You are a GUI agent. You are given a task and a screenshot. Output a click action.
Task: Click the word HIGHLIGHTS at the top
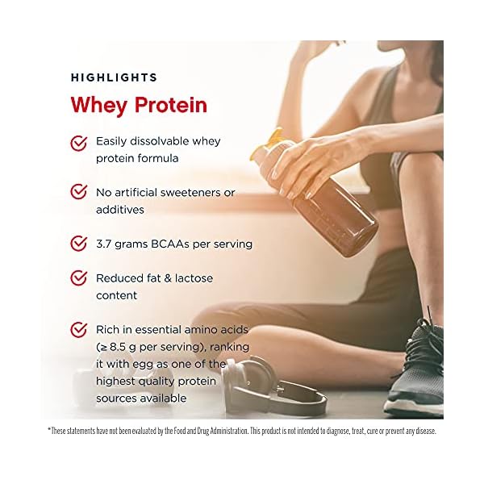click(114, 77)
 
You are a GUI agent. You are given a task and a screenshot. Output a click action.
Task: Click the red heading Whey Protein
click(139, 105)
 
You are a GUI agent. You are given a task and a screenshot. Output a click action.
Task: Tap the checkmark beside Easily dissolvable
click(79, 143)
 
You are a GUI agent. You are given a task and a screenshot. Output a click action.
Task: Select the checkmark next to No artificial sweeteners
click(79, 193)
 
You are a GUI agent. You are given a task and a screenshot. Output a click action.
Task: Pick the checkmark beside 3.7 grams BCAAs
click(79, 243)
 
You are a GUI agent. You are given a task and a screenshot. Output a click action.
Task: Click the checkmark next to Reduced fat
click(79, 278)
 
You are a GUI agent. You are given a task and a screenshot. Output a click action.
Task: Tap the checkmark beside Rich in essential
click(79, 329)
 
